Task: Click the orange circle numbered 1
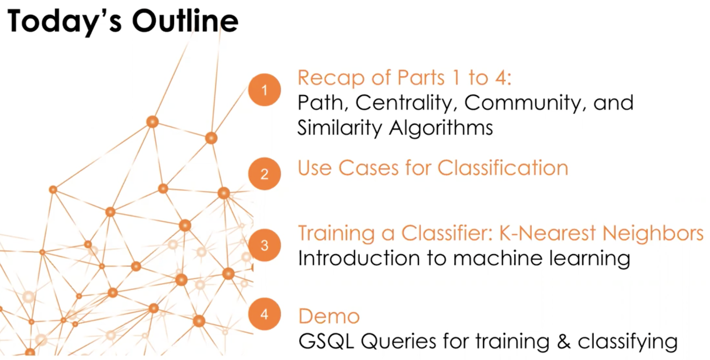(x=265, y=90)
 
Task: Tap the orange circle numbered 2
(x=265, y=174)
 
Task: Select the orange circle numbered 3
(x=265, y=245)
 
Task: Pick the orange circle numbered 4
(x=265, y=314)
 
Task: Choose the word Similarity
(x=340, y=128)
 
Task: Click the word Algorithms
(x=441, y=128)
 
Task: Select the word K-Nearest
(x=548, y=233)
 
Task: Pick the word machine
(x=498, y=258)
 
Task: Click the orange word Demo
(x=329, y=316)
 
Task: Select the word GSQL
(x=326, y=341)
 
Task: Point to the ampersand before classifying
(x=564, y=341)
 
